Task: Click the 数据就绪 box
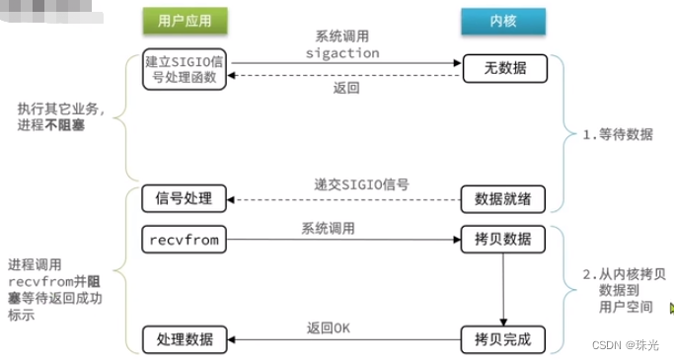coord(502,197)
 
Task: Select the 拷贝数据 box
coord(502,240)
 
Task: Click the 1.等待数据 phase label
coord(617,134)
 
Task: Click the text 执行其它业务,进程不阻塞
coord(61,116)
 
